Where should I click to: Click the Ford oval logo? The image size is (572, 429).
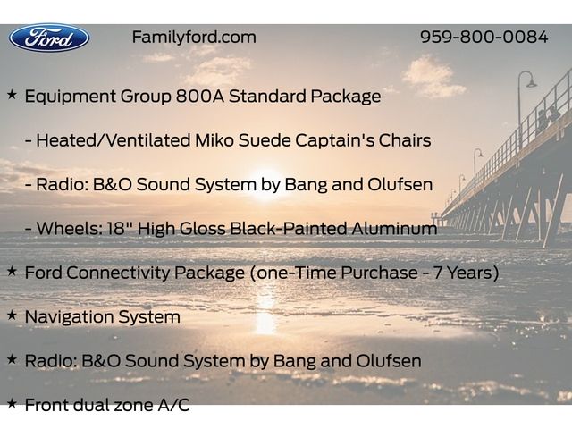pyautogui.click(x=49, y=38)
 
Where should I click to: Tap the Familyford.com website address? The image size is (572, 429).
pyautogui.click(x=194, y=38)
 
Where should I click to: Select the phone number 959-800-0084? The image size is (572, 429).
pyautogui.click(x=484, y=37)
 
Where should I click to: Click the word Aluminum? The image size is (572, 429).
pyautogui.click(x=394, y=229)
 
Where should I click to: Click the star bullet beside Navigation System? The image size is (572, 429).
pyautogui.click(x=12, y=315)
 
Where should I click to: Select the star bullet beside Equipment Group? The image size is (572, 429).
pyautogui.click(x=12, y=95)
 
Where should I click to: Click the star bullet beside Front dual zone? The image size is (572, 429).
pyautogui.click(x=12, y=403)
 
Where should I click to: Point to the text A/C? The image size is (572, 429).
pyautogui.click(x=173, y=405)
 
